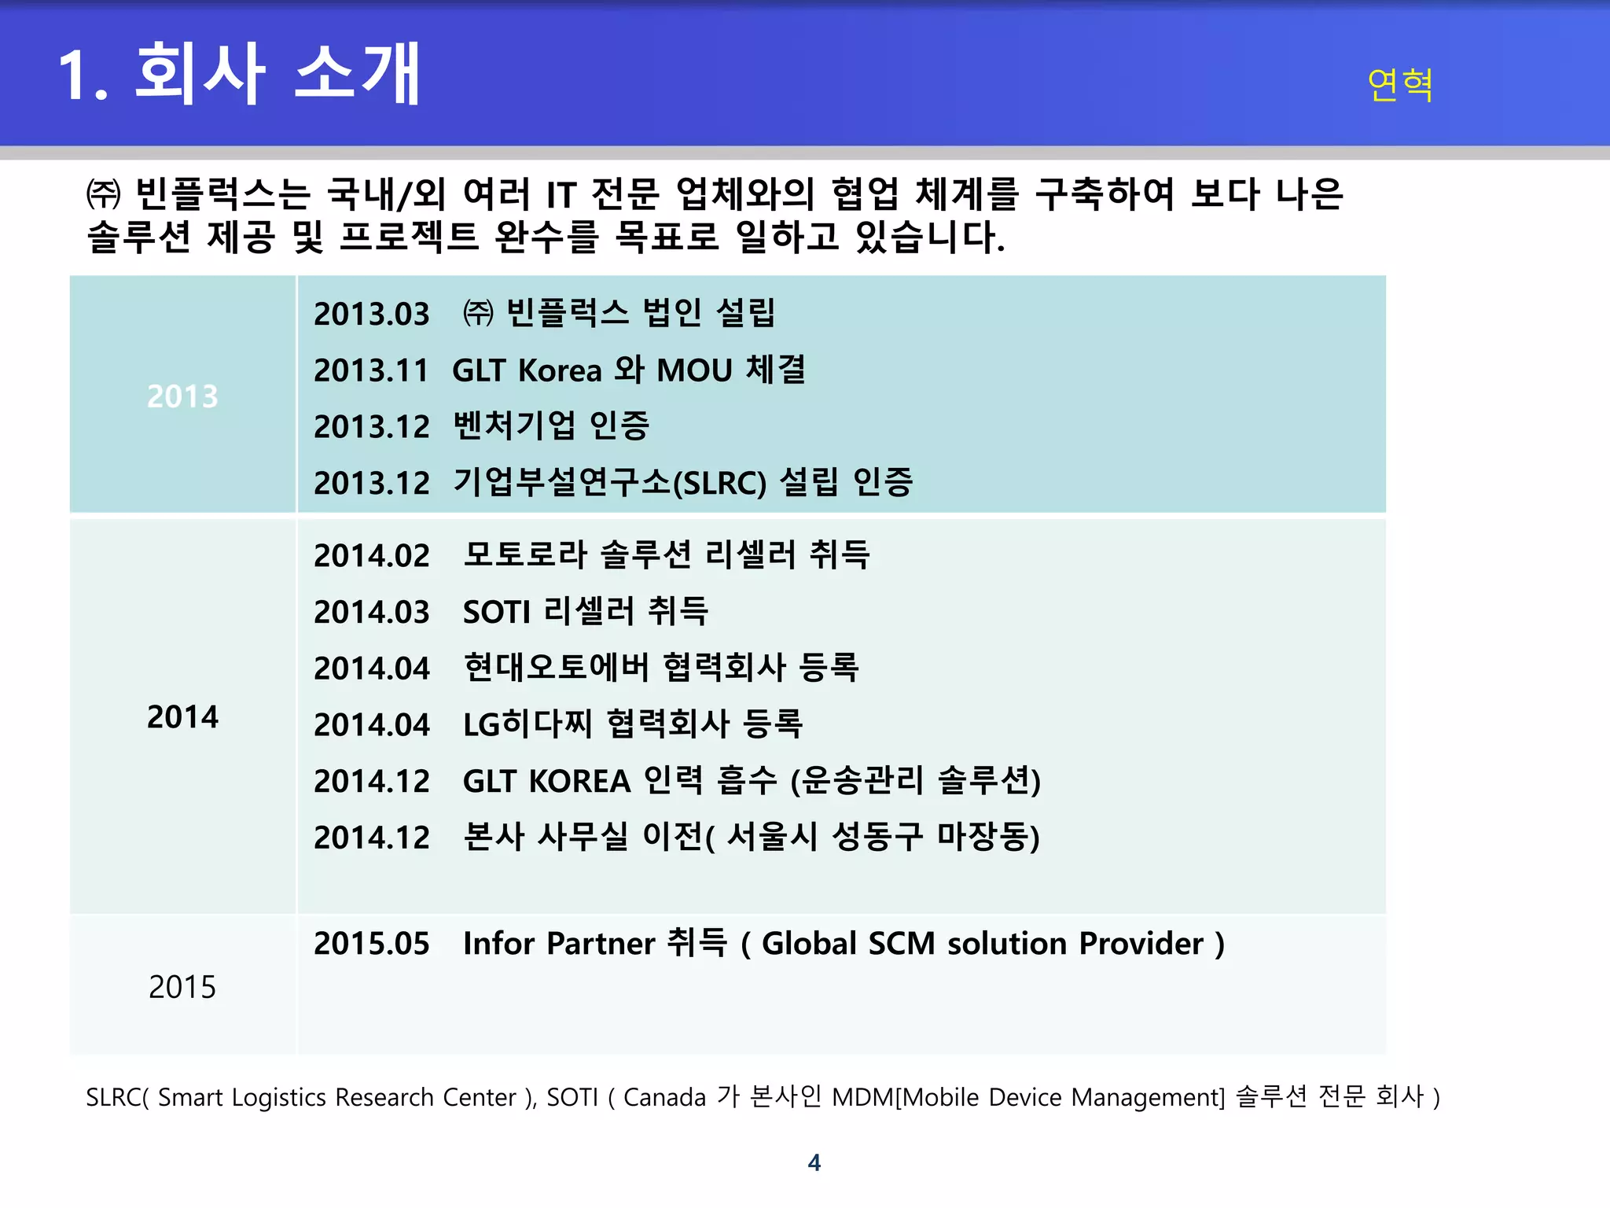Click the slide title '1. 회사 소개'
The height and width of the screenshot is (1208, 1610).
240,74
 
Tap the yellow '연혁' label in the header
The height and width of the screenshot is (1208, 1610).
1399,84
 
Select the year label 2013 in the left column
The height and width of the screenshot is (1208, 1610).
182,396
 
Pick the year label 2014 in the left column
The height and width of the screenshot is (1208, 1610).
182,717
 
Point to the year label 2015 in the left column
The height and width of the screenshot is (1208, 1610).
182,987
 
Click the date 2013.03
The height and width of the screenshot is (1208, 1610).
372,315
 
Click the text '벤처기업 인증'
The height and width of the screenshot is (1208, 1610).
551,426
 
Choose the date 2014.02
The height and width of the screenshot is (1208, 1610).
372,556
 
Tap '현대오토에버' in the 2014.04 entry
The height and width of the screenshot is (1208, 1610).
557,668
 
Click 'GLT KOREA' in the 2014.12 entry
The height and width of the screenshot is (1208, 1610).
546,782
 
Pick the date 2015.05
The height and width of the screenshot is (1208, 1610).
372,944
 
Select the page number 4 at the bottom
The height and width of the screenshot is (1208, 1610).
814,1162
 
